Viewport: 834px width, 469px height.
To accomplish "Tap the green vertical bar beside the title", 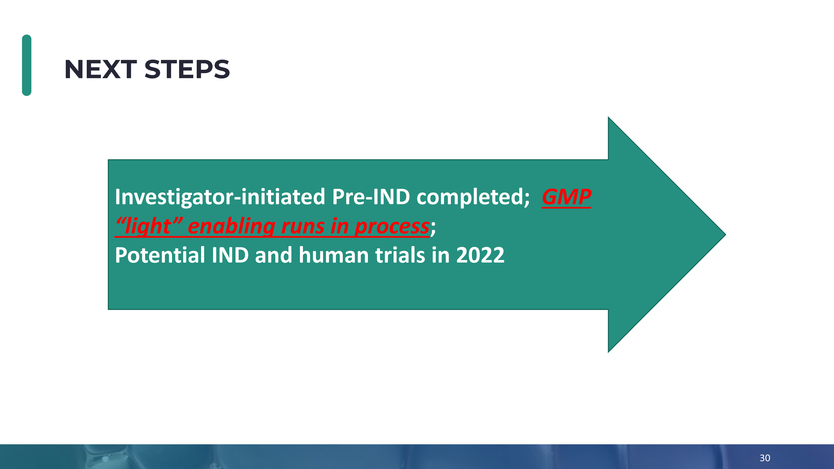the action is [x=27, y=65].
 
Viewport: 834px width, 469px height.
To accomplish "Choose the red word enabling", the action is [x=231, y=226].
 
